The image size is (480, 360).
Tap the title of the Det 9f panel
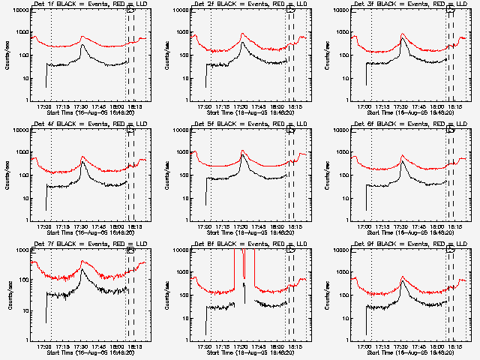tap(403, 245)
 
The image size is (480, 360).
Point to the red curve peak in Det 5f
tap(244, 151)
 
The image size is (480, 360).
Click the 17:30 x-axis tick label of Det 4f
tap(82, 226)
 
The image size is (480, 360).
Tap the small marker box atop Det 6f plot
tap(451, 130)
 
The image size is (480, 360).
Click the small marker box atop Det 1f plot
tap(130, 10)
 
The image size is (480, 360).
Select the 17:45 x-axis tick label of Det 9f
tap(420, 346)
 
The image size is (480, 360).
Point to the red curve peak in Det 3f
tap(403, 34)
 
